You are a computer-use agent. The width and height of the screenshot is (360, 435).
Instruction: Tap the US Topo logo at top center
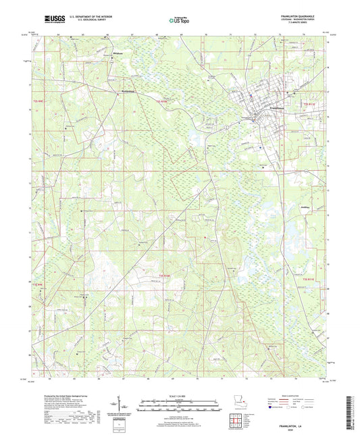[179, 21]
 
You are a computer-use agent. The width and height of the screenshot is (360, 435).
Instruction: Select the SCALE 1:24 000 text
[180, 396]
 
